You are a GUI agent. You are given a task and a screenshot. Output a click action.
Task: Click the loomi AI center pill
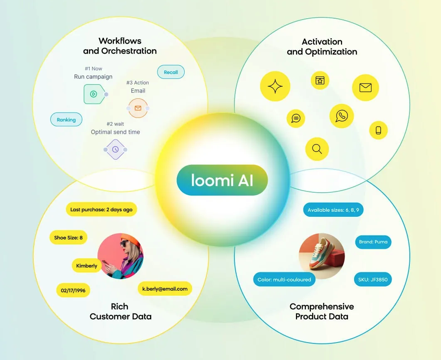click(x=222, y=180)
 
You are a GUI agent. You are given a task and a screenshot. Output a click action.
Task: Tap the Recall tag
click(x=171, y=72)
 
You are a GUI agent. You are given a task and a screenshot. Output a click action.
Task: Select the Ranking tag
click(x=67, y=120)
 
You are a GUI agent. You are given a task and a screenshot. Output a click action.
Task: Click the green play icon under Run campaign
click(x=94, y=94)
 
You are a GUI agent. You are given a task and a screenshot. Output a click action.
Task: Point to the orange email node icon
click(x=138, y=108)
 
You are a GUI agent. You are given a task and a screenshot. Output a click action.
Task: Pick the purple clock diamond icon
click(x=115, y=149)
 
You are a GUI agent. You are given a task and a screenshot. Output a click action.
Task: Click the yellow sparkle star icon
click(x=275, y=86)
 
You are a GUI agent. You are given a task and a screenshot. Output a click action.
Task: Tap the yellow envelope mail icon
click(x=366, y=88)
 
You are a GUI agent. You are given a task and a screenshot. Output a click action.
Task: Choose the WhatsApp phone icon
click(x=342, y=116)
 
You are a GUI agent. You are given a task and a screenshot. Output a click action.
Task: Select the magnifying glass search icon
click(x=317, y=149)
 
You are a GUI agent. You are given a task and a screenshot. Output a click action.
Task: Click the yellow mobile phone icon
click(x=378, y=130)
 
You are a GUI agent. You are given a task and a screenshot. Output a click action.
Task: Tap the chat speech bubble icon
click(x=296, y=118)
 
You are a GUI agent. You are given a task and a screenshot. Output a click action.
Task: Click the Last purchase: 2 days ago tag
click(x=101, y=209)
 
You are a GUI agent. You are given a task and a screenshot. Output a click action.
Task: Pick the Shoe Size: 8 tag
click(x=68, y=238)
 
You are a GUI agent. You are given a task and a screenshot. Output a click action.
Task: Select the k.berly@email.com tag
click(x=165, y=289)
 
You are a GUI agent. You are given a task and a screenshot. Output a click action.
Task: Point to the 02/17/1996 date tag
click(x=73, y=290)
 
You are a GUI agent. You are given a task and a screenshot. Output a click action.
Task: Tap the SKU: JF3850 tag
click(x=373, y=279)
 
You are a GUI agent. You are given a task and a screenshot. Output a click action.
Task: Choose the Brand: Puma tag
click(x=373, y=242)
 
